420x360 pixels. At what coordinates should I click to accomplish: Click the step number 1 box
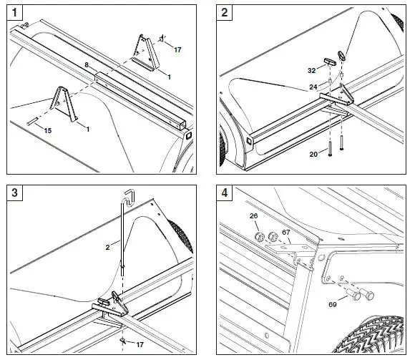click(15, 12)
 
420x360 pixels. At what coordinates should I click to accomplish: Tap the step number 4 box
click(225, 193)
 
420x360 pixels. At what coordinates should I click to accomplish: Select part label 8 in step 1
click(87, 65)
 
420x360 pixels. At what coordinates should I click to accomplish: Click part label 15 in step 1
click(48, 131)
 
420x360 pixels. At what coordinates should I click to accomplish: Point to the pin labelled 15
click(32, 122)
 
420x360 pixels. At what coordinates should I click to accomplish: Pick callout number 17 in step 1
click(177, 50)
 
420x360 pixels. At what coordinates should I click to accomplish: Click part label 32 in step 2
click(311, 70)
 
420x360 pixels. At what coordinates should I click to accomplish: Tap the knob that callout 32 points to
click(331, 62)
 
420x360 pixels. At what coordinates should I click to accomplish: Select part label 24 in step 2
click(313, 87)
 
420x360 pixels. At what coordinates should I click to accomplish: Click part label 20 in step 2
click(313, 155)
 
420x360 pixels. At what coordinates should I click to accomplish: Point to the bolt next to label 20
click(330, 149)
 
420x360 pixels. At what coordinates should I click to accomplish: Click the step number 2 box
click(225, 12)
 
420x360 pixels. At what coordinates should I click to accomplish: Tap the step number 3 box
click(15, 193)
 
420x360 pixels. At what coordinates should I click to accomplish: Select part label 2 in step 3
click(107, 247)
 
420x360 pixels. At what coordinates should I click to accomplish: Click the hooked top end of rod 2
click(130, 197)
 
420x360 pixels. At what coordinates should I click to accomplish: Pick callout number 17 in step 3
click(140, 344)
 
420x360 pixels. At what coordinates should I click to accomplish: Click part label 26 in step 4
click(253, 216)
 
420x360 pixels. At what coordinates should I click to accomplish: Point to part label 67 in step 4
click(286, 232)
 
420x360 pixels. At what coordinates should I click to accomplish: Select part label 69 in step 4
click(333, 305)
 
